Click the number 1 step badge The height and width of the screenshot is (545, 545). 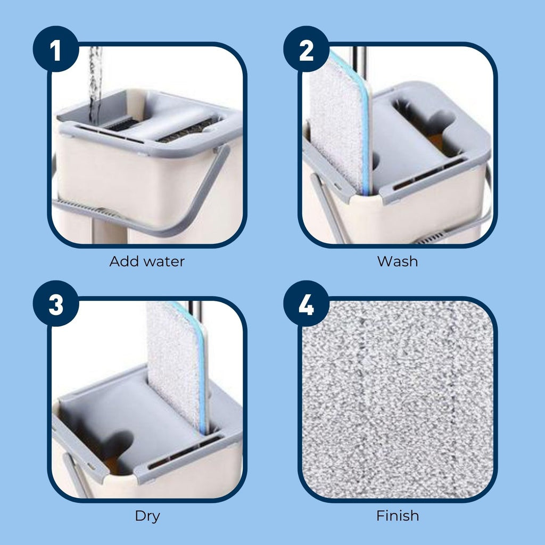coord(55,51)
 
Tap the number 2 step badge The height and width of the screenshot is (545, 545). coord(306,51)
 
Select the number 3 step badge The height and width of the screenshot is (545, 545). coord(55,305)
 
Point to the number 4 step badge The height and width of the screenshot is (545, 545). coord(306,305)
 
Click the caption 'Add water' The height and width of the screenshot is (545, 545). coord(147,261)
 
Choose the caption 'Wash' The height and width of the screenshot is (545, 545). coord(398,261)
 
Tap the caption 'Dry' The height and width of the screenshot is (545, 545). coord(147,516)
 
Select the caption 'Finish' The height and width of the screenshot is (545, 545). coord(398,516)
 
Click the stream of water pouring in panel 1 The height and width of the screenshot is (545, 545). coord(95,80)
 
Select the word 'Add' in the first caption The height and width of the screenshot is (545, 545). coord(122,261)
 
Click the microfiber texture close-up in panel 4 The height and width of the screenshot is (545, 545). coord(398,399)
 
